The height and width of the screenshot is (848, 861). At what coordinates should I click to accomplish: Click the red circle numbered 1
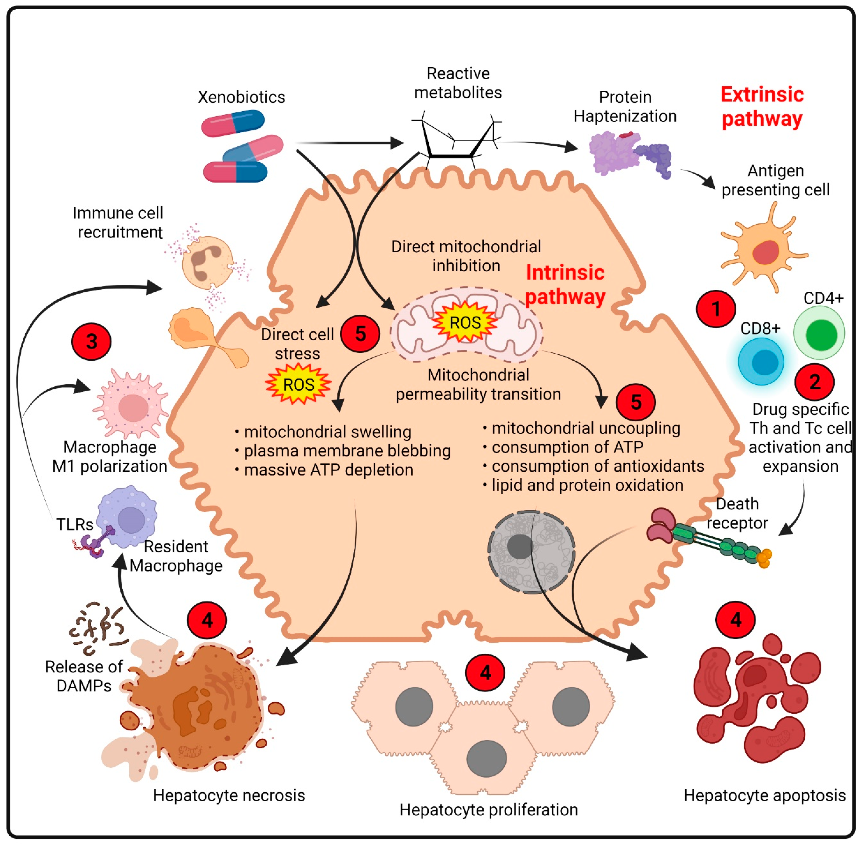[716, 309]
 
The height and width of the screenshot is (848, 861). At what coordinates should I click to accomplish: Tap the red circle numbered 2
[815, 382]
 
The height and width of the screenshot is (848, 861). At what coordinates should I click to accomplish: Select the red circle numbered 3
[91, 341]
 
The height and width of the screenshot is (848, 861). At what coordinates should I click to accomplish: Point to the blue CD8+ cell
[761, 361]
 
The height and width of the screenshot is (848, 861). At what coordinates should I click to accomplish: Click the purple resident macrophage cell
[127, 517]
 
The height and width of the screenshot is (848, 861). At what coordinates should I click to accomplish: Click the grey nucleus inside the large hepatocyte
[531, 551]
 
